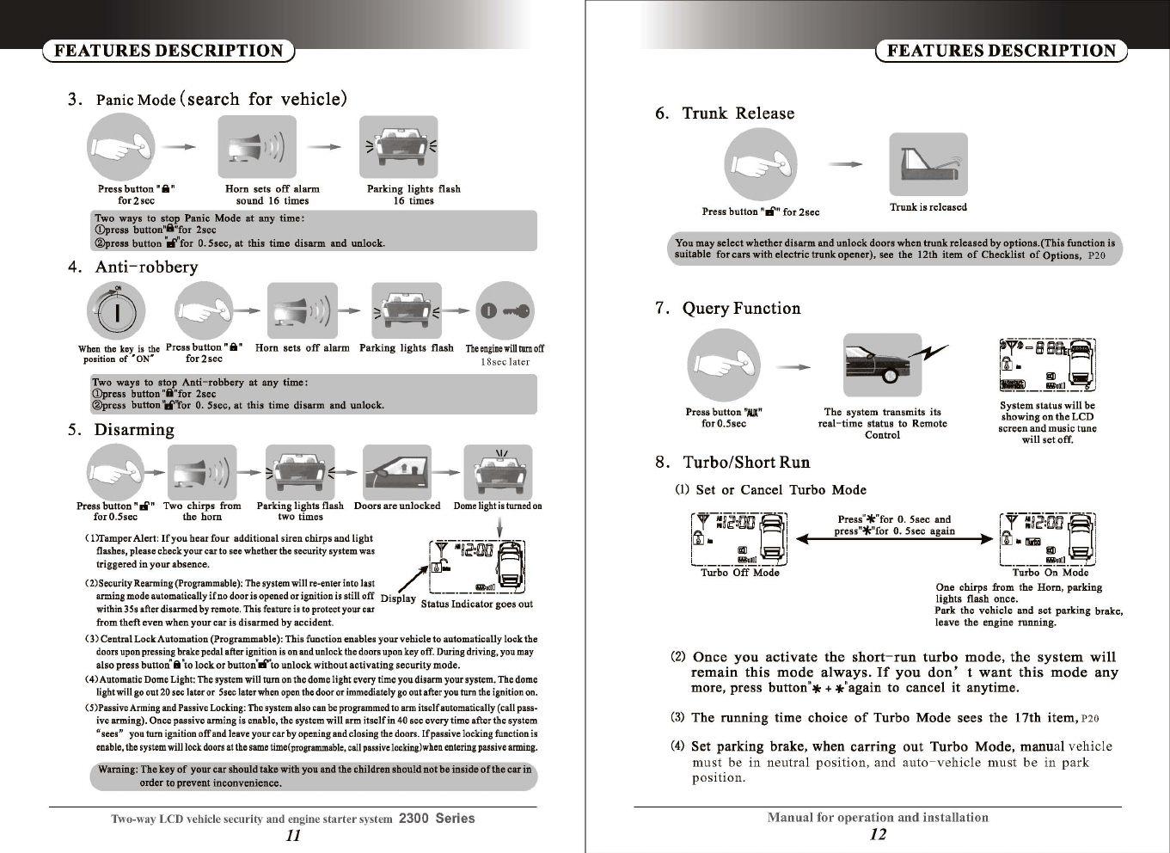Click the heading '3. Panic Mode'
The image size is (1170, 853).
coord(207,99)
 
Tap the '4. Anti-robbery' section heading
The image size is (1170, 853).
coord(133,267)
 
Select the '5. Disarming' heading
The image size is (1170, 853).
coord(121,430)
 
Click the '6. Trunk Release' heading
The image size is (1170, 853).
coord(724,114)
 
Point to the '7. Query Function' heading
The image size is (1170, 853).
coord(727,309)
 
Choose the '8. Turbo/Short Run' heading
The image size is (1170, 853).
coord(732,463)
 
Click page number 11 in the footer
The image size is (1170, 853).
coord(293,835)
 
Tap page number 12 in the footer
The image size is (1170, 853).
coord(878,834)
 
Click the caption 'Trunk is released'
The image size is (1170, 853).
coord(928,207)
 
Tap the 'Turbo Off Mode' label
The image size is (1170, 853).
coord(739,573)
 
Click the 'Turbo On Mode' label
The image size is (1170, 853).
coord(1050,573)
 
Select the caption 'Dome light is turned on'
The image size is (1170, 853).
coord(498,506)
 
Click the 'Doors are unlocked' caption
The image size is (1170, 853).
coord(397,506)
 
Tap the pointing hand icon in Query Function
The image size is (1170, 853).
coord(724,365)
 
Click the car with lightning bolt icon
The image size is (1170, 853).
coord(890,365)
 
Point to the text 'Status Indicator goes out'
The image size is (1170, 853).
coord(476,604)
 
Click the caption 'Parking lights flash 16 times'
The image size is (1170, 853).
coord(413,194)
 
